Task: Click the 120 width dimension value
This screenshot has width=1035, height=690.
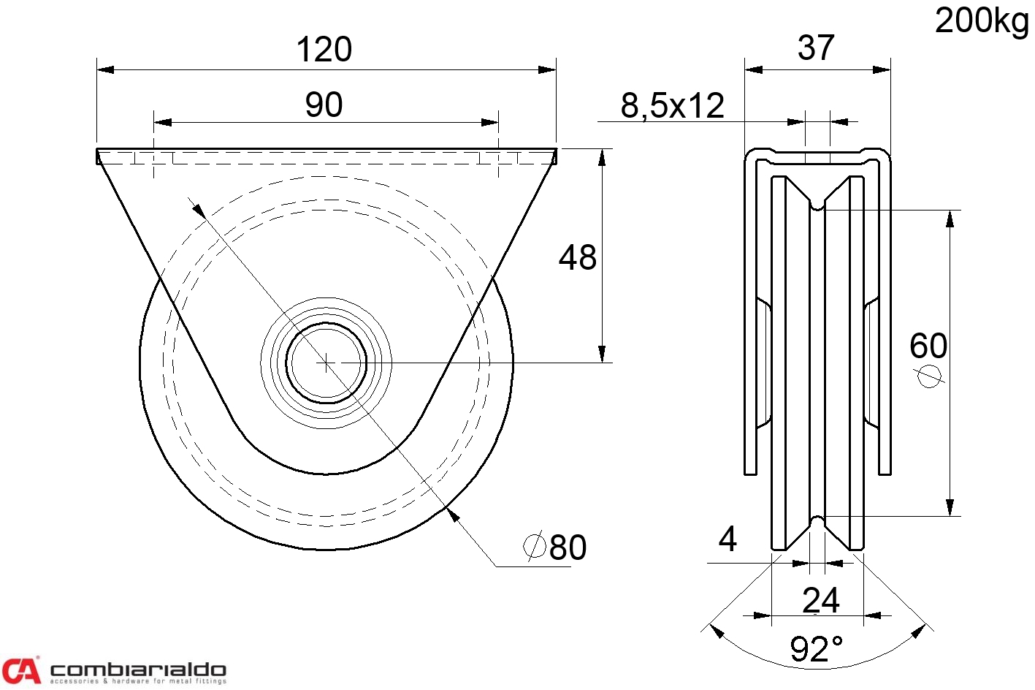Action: coord(324,50)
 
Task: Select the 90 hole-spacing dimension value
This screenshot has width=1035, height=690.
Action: coord(324,105)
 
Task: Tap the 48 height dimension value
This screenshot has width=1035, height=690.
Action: coord(578,257)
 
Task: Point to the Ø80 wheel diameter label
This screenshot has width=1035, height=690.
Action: coord(555,547)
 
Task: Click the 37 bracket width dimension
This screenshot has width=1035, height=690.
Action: coord(816,48)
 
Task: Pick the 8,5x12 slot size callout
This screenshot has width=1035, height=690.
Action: coord(672,106)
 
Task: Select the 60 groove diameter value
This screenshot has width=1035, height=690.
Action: coord(928,346)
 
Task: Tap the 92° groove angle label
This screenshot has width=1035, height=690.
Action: coord(817,649)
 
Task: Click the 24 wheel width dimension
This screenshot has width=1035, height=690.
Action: coord(820,600)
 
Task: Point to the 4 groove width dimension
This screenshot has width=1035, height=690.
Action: coord(727,539)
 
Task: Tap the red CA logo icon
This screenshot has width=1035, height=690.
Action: coord(21,670)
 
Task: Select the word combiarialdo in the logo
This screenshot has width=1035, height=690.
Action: coord(138,670)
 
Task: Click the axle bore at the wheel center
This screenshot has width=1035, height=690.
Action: coord(326,363)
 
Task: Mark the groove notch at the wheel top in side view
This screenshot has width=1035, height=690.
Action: coord(817,205)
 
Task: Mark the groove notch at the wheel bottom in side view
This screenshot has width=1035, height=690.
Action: coord(817,522)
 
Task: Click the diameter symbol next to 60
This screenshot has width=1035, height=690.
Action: coord(929,376)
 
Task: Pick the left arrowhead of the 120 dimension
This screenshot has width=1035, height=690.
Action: coord(105,70)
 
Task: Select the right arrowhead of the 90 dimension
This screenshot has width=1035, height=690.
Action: coord(490,123)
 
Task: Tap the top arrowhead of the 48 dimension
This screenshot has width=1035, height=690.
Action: coord(602,157)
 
